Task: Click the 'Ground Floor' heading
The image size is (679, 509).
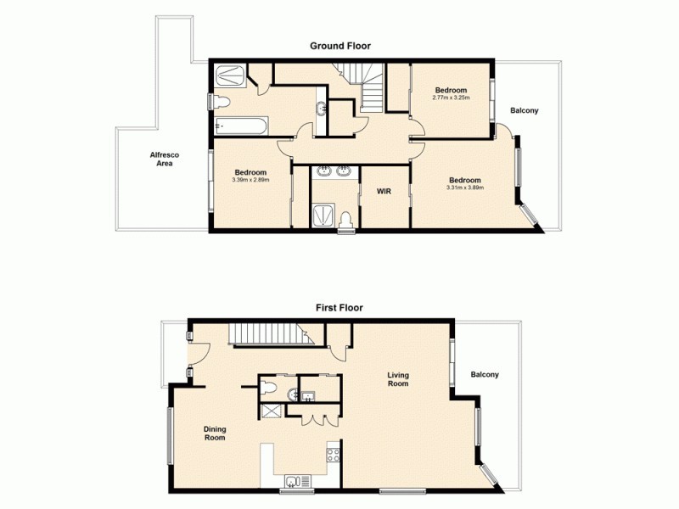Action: pos(339,46)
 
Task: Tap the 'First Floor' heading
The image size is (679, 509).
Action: pos(339,309)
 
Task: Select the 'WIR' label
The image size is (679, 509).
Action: pos(384,192)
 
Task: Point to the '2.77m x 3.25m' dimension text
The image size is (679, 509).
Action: pos(451,98)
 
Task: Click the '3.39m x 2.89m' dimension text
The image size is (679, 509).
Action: pos(250,179)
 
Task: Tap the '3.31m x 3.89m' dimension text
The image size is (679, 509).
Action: pos(464,187)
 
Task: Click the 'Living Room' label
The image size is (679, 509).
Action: pos(398,379)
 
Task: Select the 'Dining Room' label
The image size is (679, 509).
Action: pos(215,433)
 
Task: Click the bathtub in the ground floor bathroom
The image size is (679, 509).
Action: pos(241,127)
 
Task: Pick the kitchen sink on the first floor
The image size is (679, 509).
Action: pos(294,482)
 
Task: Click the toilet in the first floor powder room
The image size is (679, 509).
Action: pos(268,389)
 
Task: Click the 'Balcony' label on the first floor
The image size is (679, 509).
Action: pos(485,375)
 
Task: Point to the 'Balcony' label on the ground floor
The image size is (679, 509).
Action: pos(524,111)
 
